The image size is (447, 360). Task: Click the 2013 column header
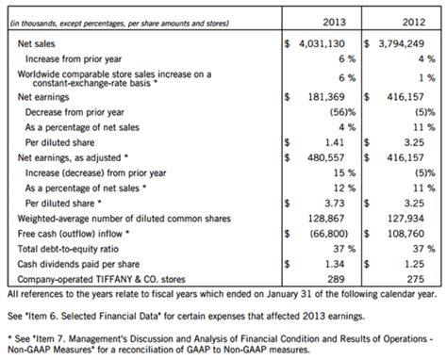[x=332, y=21]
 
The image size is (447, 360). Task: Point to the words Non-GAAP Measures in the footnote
[x=57, y=351]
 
